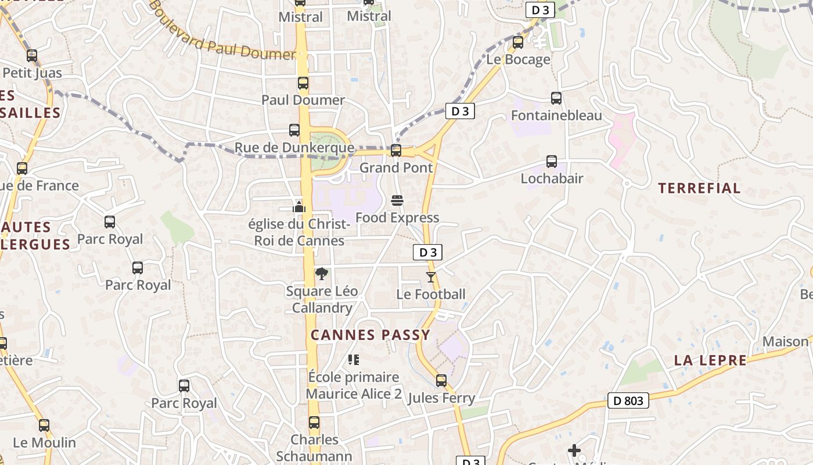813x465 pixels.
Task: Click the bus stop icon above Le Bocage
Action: pos(517,42)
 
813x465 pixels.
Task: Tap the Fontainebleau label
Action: pos(556,116)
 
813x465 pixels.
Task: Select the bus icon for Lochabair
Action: pos(552,162)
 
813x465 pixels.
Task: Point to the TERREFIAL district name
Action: pos(699,188)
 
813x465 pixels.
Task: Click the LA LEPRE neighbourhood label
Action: pos(710,360)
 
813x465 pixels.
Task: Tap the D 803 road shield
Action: pos(628,400)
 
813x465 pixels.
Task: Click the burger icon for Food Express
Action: pos(397,201)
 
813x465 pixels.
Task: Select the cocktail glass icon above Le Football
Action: pos(430,277)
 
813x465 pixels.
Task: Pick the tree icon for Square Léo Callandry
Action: pos(321,274)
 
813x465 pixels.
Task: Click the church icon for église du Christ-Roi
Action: pos(299,206)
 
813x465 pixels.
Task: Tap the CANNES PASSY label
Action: pos(370,335)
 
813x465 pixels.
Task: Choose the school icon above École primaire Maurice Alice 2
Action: pos(353,360)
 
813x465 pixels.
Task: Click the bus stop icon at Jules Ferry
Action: pos(441,381)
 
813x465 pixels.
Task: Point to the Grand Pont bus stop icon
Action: pos(396,151)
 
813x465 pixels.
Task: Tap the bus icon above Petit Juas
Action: pos(32,56)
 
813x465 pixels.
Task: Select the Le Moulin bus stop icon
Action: pos(44,425)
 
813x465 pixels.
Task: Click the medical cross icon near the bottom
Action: pos(574,450)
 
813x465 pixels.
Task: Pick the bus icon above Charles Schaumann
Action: pos(314,423)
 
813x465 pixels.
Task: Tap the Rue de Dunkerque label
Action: pos(294,148)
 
